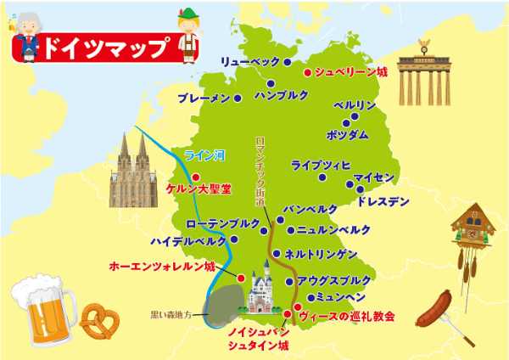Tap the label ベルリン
(354, 105)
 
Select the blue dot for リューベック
(287, 62)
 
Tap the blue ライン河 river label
(204, 155)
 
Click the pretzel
(98, 319)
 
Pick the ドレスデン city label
(383, 202)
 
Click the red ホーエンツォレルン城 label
(162, 266)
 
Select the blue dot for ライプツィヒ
(322, 177)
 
